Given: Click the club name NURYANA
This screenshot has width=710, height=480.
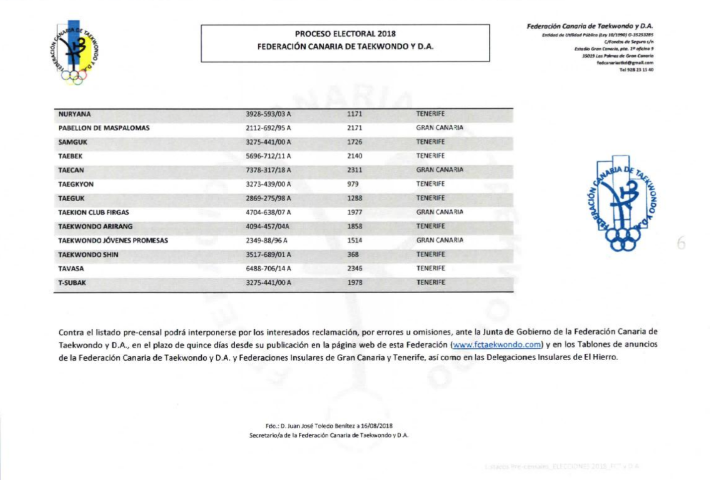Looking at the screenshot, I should [75, 114].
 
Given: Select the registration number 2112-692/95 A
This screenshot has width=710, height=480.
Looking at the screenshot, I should [268, 128].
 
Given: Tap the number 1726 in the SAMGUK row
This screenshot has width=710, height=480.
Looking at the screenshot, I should [355, 142].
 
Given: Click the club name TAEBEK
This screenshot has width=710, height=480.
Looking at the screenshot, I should [70, 156].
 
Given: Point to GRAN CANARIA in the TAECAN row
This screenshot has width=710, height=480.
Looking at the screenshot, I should [440, 170].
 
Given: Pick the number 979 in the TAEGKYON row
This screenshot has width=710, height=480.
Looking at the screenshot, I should [353, 184].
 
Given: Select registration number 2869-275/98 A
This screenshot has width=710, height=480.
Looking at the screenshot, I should [268, 198].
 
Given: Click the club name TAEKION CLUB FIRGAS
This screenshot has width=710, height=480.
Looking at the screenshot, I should [93, 212].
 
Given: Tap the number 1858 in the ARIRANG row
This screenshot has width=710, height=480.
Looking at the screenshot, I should [355, 226].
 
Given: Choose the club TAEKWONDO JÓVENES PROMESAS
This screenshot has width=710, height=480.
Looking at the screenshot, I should [113, 240].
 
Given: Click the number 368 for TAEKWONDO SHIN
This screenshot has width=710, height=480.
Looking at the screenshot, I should [353, 254].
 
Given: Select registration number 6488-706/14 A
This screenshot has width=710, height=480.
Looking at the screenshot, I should [268, 269].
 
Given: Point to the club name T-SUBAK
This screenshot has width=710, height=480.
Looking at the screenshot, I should [72, 283].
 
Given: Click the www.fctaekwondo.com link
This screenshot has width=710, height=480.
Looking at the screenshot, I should [496, 344].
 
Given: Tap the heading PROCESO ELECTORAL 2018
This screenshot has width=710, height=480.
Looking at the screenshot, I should [345, 34].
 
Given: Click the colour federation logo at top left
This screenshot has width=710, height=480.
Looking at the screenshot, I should [75, 52].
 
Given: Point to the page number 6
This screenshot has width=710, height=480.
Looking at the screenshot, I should [681, 244].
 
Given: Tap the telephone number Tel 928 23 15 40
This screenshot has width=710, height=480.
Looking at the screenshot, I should [636, 70].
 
